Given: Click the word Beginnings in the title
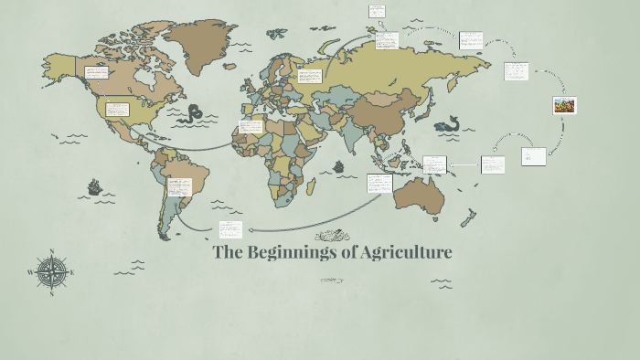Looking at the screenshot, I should [291, 253].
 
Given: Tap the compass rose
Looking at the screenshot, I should [51, 271].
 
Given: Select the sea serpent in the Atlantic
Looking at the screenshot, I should [193, 114].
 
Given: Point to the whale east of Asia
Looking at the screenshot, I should [448, 125].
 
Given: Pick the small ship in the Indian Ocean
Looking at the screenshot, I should [338, 167].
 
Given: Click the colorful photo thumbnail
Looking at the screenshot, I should [564, 105].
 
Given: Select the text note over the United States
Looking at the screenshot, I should [118, 110].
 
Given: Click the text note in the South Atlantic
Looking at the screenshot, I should [230, 229].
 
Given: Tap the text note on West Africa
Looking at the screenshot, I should [251, 128].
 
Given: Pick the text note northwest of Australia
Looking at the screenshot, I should [379, 184].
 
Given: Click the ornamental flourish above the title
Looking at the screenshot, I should [332, 236].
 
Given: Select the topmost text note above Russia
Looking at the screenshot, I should [377, 11].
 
